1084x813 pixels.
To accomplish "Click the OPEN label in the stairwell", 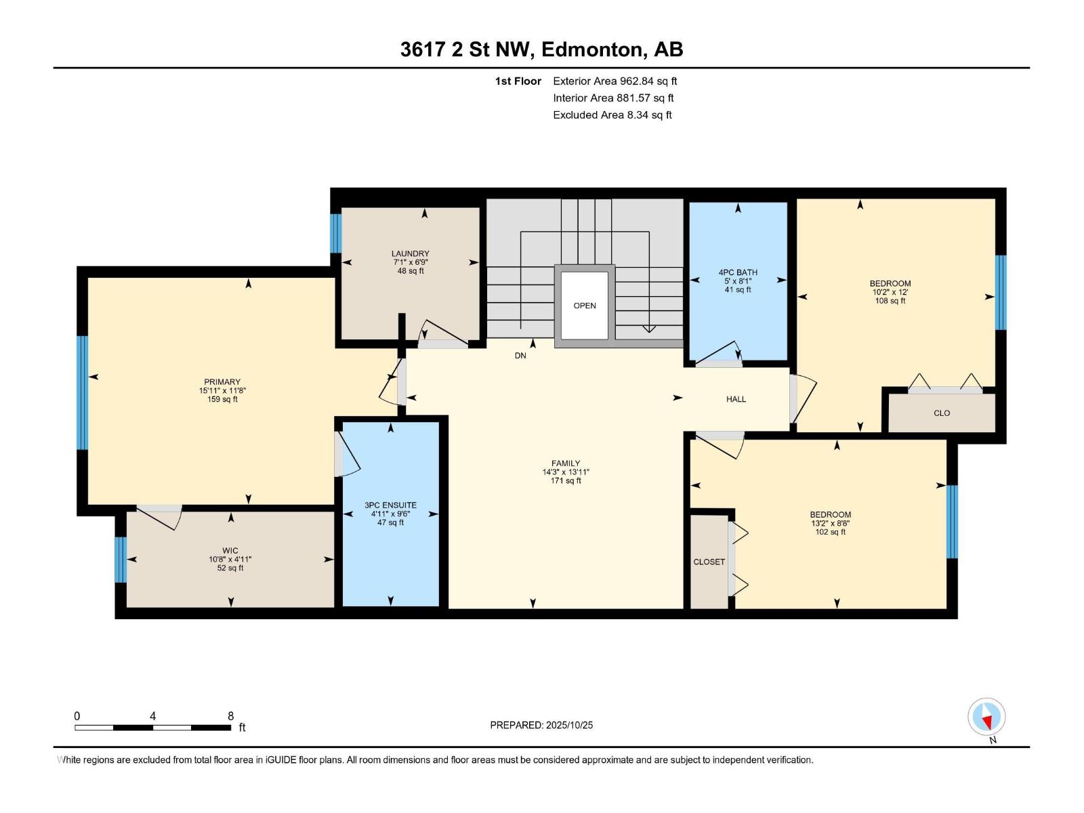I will point(585,306).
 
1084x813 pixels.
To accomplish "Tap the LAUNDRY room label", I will point(411,253).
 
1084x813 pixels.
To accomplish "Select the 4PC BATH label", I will point(738,272).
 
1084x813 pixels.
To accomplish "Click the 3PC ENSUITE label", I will point(390,505).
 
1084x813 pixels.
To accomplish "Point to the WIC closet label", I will point(230,551).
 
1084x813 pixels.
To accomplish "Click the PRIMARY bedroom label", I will point(222,382).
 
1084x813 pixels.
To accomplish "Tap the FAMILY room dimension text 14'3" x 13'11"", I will point(566,472).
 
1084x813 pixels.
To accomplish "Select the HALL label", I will point(736,399).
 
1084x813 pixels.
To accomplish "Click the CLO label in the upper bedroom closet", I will point(942,413).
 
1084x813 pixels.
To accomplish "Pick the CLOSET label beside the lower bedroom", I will point(709,562).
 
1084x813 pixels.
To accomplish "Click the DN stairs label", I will point(520,356).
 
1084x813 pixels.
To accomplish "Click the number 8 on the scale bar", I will point(231,716).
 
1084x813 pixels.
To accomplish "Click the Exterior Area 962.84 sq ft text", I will point(614,81).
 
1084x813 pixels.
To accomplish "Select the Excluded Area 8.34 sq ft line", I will point(612,115).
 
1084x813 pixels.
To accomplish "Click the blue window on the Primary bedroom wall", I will point(82,392).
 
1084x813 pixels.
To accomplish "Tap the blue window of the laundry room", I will point(335,233).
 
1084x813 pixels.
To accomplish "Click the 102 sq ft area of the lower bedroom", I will point(830,533).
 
